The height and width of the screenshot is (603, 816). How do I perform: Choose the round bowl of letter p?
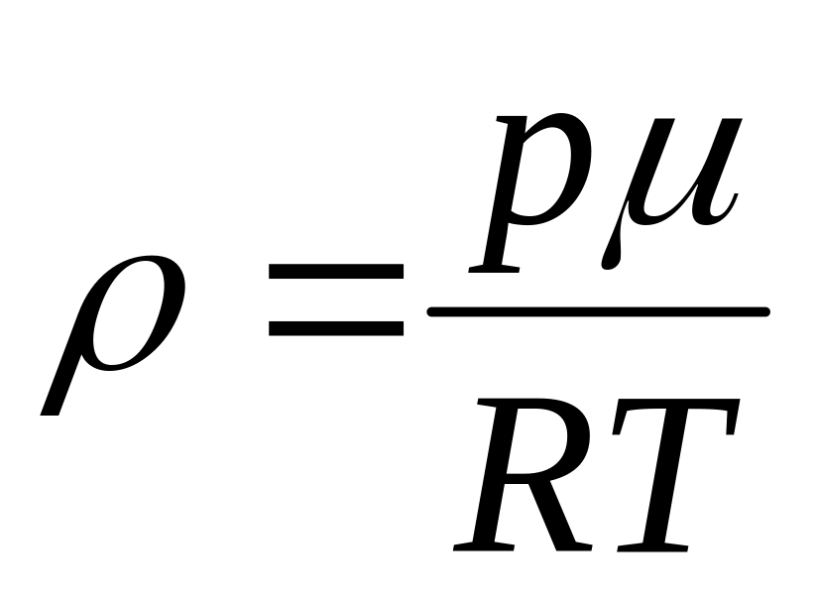550,169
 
